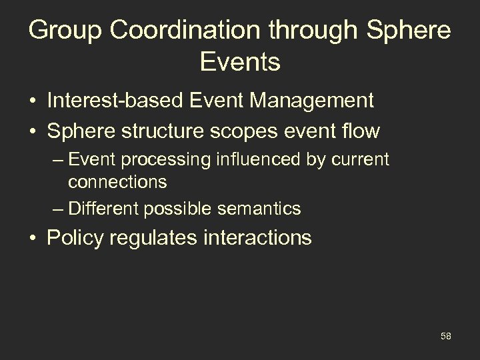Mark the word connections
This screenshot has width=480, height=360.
[x=117, y=181]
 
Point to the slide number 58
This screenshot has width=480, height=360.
[x=445, y=336]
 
